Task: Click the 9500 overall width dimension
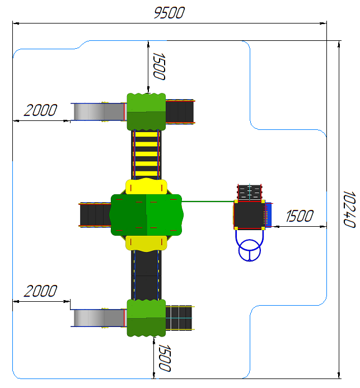pos(169,13)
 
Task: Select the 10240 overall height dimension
pos(349,209)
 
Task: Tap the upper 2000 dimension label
pos(40,110)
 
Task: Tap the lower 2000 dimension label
pos(40,291)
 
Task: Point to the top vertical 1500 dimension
pos(159,66)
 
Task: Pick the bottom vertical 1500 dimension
pos(165,358)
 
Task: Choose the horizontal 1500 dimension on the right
pos(300,216)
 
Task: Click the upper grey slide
pos(99,112)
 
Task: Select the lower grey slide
pos(99,318)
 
